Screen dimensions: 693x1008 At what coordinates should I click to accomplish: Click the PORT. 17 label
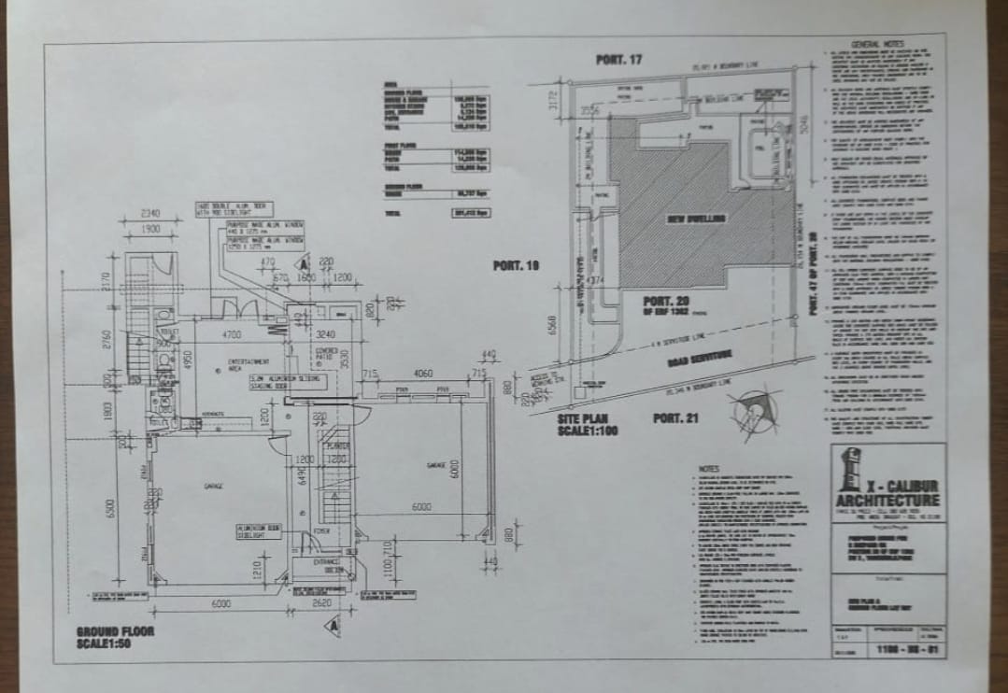619,60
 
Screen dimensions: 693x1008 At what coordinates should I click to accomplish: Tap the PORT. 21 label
675,417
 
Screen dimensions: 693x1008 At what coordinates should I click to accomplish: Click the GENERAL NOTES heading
878,44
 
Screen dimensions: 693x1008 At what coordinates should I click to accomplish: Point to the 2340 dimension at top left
149,213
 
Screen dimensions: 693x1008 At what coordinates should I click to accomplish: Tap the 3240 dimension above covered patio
326,333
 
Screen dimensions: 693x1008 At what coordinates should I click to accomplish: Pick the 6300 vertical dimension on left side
109,509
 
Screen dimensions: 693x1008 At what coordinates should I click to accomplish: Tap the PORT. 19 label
517,266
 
